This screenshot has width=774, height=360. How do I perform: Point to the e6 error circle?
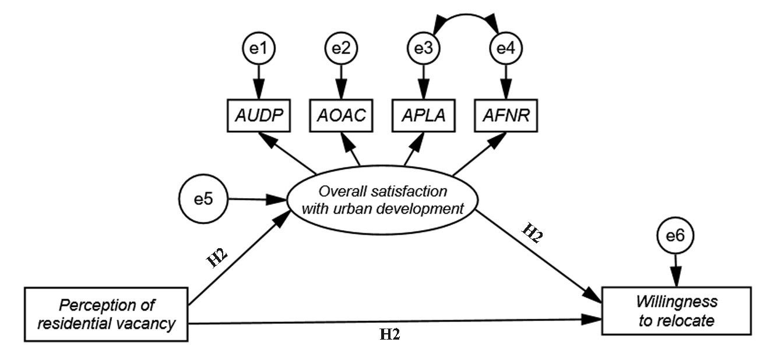point(676,236)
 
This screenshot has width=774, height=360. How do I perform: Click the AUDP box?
point(259,115)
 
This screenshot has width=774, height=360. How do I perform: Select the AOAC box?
point(340,115)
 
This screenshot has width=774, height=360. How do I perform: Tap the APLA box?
point(422,115)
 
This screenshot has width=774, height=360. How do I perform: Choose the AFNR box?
point(505,115)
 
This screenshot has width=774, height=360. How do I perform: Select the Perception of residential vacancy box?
point(106,314)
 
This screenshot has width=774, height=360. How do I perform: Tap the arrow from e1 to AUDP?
point(259,82)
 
